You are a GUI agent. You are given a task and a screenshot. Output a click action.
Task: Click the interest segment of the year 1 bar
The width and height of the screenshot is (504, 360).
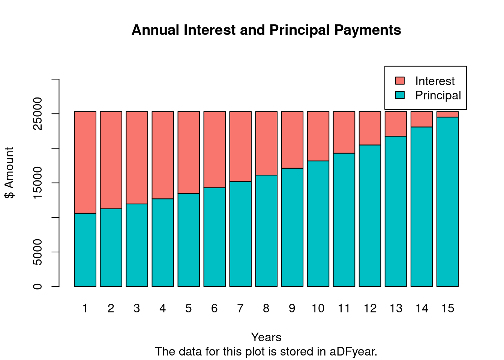point(85,162)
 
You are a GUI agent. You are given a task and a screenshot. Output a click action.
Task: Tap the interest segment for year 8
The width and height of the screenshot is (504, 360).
point(266,143)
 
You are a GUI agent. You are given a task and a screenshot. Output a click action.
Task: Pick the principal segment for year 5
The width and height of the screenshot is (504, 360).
point(189,240)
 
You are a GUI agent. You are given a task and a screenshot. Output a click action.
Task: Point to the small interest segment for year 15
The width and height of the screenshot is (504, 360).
point(447,114)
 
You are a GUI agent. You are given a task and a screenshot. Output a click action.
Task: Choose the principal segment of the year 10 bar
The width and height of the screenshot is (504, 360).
point(318,223)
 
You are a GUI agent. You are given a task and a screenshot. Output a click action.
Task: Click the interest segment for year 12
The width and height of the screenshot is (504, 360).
point(370,128)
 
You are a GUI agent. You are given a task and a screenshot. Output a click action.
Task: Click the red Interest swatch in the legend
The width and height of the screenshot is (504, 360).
point(400,81)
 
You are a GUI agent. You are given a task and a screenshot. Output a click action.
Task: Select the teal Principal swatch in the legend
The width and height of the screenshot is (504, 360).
point(400,95)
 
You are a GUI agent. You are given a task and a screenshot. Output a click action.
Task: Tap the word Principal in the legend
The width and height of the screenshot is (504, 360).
point(438,95)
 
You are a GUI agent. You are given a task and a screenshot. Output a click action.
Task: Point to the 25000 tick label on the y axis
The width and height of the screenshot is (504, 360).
point(37,113)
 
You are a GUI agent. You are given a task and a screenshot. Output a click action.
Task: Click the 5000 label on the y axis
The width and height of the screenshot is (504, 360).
point(37,252)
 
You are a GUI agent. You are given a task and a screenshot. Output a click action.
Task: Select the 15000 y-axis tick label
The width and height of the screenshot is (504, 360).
point(37,183)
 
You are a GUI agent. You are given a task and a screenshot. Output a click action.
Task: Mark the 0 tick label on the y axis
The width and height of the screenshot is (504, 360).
point(37,286)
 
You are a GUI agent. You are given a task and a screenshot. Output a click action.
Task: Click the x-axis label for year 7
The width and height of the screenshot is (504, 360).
point(240,308)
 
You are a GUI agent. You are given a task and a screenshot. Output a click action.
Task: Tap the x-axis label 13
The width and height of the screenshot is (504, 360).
point(396,308)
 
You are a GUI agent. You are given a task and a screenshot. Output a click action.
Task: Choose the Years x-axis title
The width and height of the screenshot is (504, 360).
point(266,337)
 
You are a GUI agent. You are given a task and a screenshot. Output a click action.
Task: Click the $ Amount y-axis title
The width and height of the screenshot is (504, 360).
point(9,172)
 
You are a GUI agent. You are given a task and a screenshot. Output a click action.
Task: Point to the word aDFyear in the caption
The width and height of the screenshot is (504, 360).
point(353,352)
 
